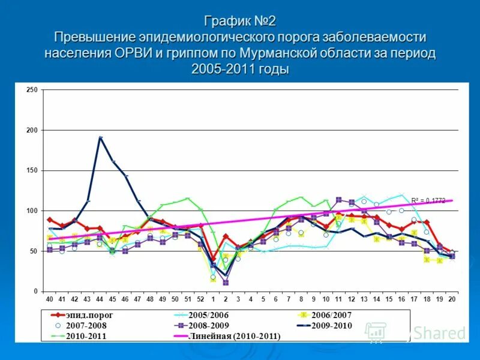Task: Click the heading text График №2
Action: coord(239,22)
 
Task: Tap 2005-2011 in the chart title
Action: coord(223,68)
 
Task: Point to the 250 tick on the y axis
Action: coord(32,90)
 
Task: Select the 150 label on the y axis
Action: coord(32,170)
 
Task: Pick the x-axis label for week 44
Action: coord(100,299)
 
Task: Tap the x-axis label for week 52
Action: coord(200,299)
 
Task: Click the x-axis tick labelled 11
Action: coord(338,299)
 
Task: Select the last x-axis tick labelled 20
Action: coord(452,299)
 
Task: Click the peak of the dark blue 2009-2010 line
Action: coord(100,137)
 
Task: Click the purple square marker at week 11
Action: coord(339,200)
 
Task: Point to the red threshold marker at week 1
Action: coord(213,259)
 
